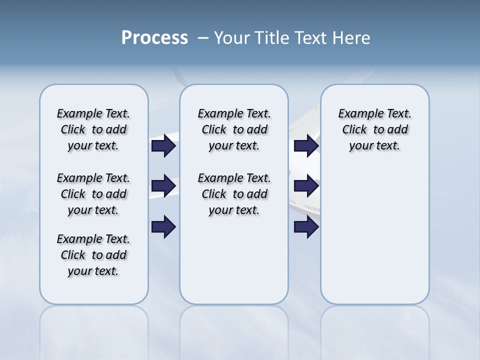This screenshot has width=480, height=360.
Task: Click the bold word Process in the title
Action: tap(154, 38)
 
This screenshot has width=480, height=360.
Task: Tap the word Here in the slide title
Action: tap(352, 38)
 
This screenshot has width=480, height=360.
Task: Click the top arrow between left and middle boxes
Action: tap(163, 146)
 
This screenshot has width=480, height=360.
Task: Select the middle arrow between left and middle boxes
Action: tap(163, 186)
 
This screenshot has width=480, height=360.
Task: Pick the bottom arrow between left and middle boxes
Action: tap(163, 226)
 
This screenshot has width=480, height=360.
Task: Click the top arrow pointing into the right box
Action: tap(306, 146)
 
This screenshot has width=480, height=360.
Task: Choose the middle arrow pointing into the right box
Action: tap(306, 186)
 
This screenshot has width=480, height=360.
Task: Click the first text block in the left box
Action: tap(93, 129)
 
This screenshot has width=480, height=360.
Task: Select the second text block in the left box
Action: tap(93, 194)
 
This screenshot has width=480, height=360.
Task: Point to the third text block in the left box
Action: tap(93, 255)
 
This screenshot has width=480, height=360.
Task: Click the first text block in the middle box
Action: tap(234, 129)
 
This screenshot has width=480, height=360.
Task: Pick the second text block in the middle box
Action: tap(234, 194)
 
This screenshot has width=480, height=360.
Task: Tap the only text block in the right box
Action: tap(375, 129)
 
